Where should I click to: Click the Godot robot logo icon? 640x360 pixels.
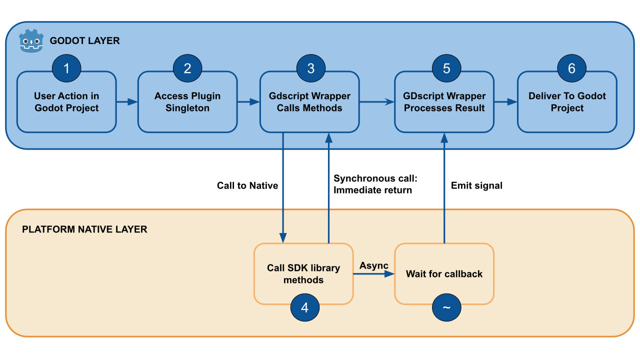31,41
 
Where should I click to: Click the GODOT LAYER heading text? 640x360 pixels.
84,41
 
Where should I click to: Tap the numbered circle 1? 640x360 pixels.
66,68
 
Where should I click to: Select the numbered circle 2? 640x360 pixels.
187,68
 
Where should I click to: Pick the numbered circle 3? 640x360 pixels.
310,68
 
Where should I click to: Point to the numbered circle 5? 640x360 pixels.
446,68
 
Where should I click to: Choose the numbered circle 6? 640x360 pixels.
571,68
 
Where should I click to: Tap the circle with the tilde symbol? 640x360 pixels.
446,307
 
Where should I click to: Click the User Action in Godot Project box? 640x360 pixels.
66,105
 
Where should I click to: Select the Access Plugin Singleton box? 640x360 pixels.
187,105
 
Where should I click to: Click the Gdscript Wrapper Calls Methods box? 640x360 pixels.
309,105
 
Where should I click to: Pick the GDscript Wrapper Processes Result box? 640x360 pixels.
444,105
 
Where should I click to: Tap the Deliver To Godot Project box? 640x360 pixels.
567,105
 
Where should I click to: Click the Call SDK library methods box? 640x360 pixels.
303,274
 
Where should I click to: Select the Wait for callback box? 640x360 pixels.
444,274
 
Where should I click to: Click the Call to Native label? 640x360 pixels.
247,185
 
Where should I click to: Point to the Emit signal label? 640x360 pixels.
476,185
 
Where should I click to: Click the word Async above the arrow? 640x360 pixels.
374,265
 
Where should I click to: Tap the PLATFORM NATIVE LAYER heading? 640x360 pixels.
84,229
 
